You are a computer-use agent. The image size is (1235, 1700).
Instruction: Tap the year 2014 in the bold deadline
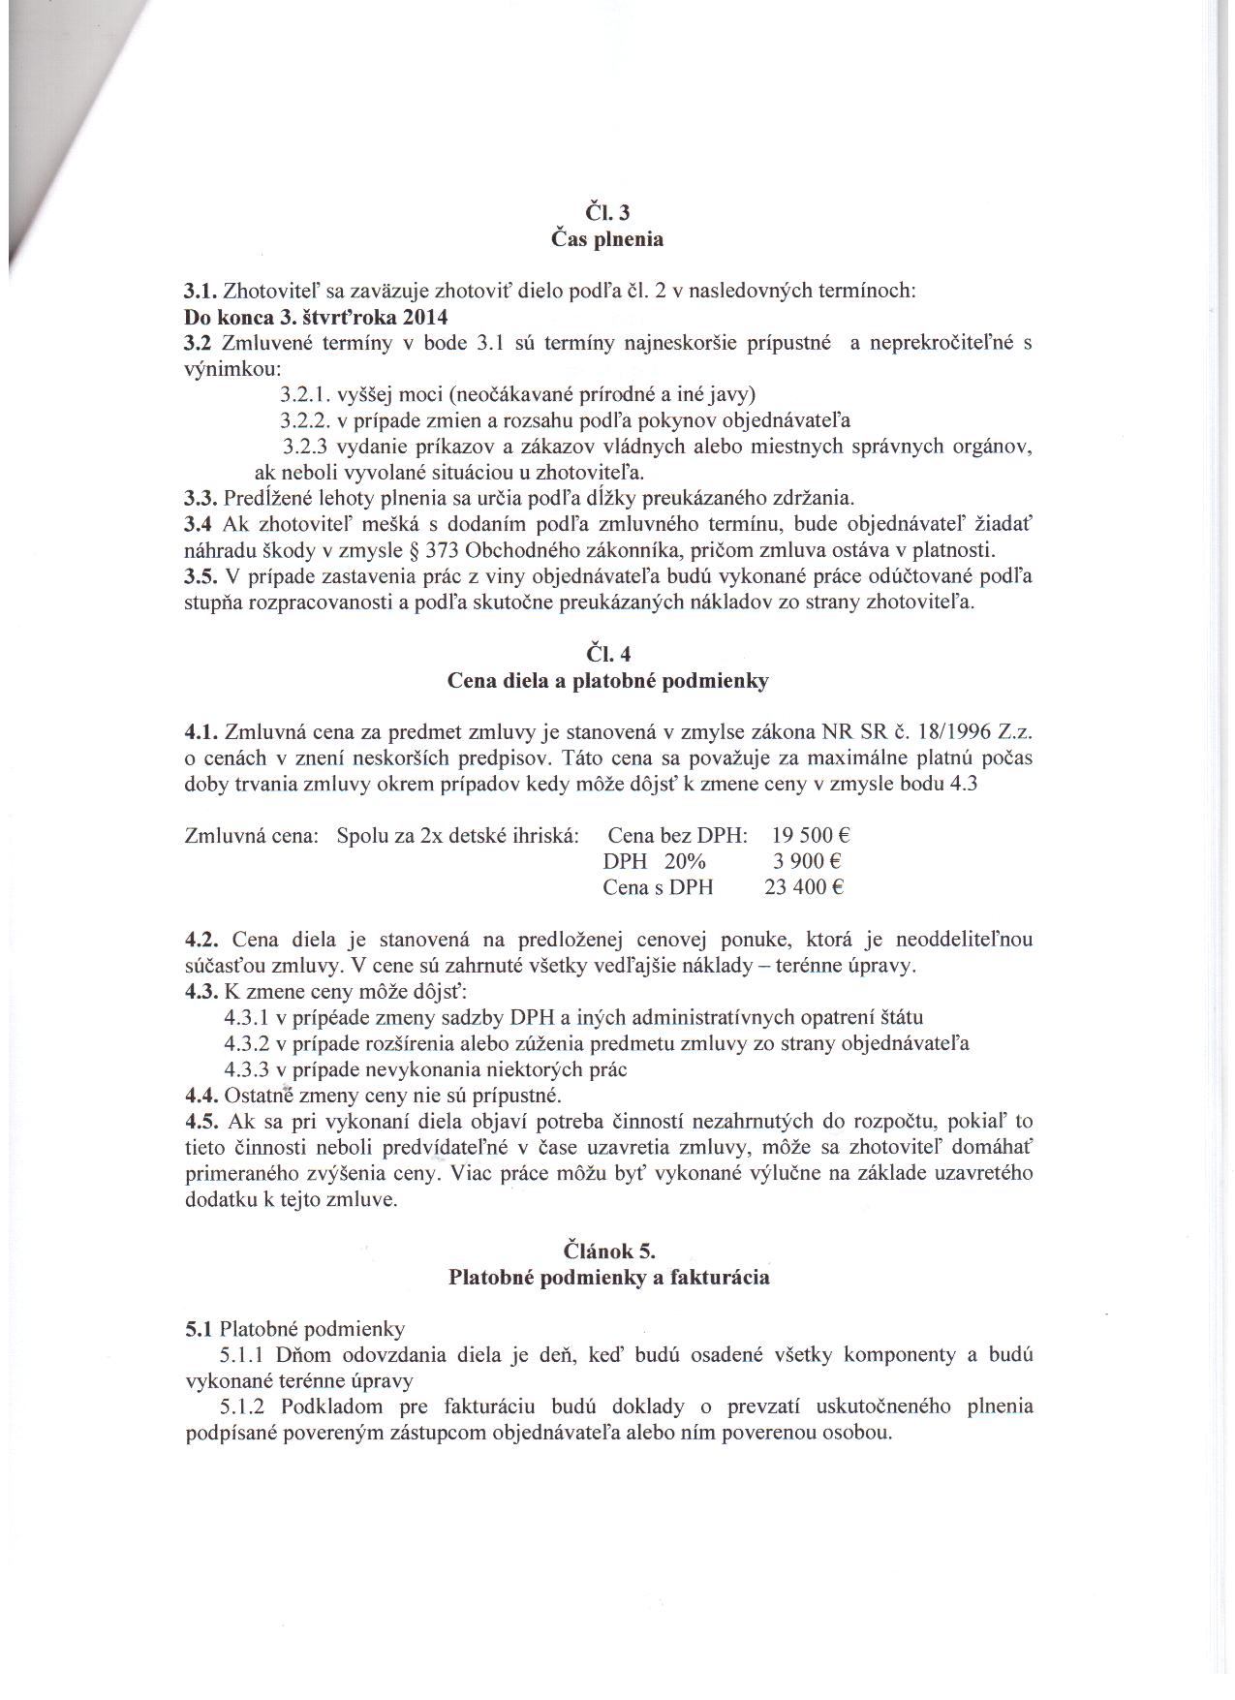pos(427,316)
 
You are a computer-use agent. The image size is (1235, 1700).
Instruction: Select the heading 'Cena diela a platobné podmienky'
pos(607,681)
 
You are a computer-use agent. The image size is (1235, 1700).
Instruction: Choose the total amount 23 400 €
pos(805,887)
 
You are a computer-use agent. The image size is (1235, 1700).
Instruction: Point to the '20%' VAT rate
pos(686,861)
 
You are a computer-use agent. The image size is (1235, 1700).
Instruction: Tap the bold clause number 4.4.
pos(201,1096)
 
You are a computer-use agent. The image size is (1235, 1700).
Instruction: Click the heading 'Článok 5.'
pos(608,1251)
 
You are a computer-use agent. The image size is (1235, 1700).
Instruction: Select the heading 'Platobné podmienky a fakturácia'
pos(608,1277)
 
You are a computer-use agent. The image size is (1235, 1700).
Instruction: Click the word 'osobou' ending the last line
pos(857,1433)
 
